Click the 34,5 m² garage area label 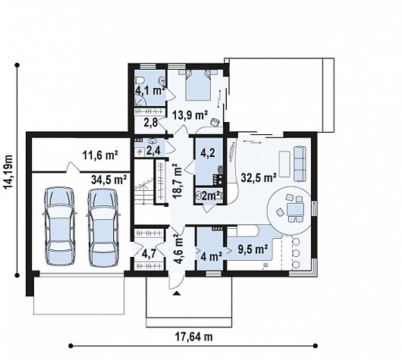[109, 180]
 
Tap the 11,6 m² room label [100, 155]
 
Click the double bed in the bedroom [199, 84]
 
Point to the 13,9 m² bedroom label [190, 115]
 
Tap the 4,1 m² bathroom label [149, 90]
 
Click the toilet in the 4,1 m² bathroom [139, 81]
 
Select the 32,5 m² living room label [259, 177]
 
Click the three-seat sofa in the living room [300, 164]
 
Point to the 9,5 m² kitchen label [253, 249]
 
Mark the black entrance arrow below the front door [177, 293]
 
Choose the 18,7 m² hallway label [177, 182]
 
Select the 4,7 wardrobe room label [149, 254]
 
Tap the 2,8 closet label [150, 123]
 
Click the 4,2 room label [208, 152]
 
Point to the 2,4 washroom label [153, 150]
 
